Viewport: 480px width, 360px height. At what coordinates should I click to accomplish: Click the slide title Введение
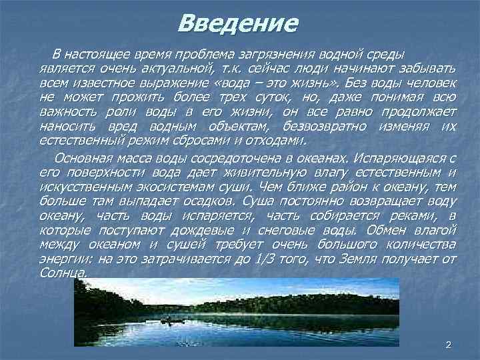[238, 25]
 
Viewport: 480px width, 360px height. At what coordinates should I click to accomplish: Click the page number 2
[447, 344]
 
